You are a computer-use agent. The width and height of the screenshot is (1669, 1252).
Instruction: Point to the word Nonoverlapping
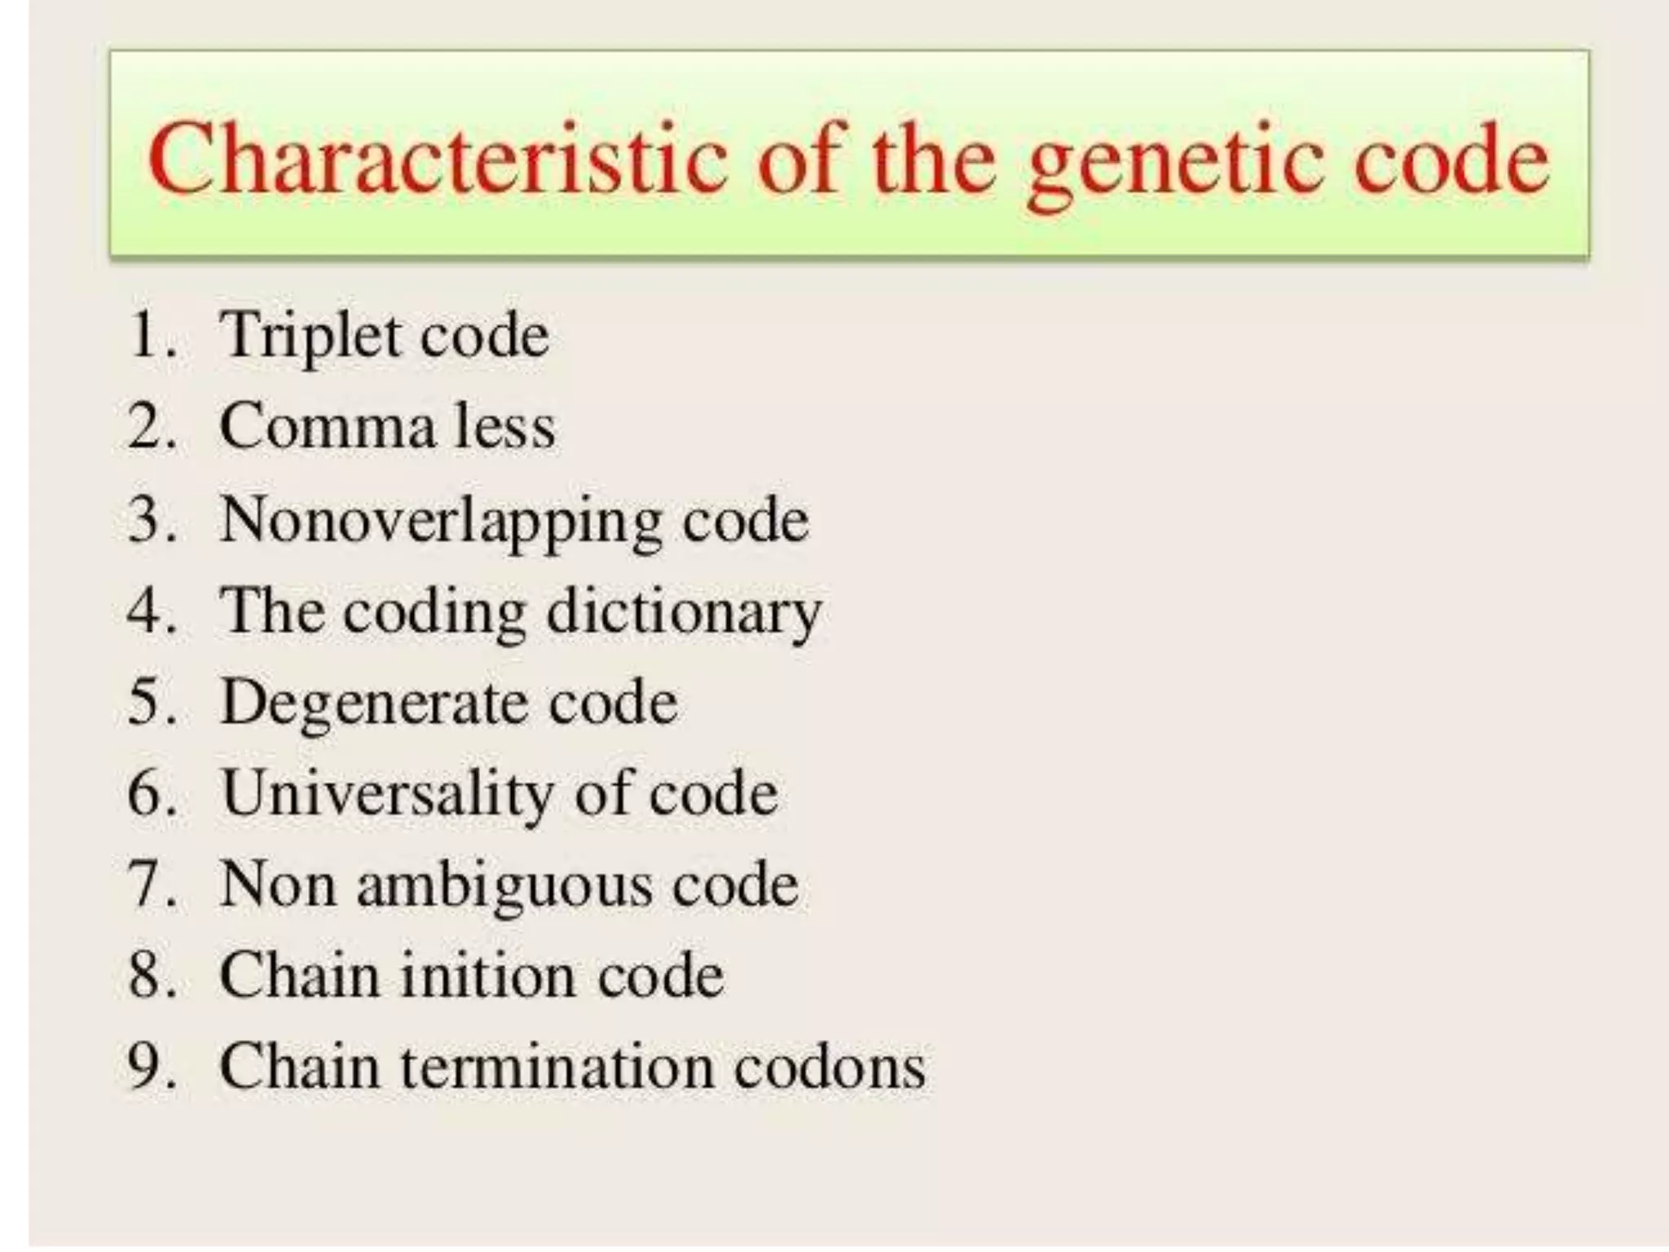click(441, 522)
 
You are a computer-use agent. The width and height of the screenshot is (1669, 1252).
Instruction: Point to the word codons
click(830, 1067)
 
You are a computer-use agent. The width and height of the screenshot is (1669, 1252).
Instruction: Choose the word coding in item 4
click(434, 613)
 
